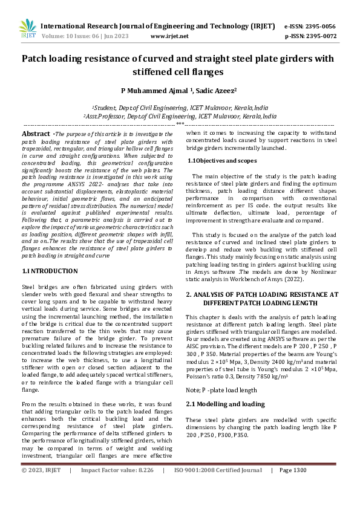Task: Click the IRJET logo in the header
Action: coord(27,28)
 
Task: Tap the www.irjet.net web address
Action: coord(169,36)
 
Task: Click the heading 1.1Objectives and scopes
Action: coord(221,161)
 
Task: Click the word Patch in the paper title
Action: coord(37,59)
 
